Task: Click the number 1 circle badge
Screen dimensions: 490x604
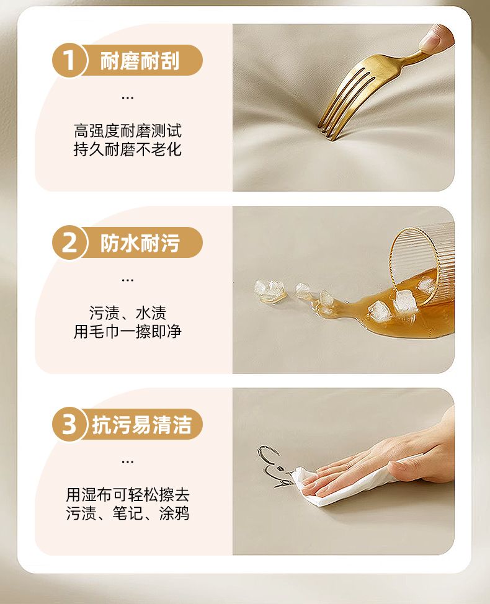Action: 69,61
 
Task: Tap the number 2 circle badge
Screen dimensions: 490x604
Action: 69,242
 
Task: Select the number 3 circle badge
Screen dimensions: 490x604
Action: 69,425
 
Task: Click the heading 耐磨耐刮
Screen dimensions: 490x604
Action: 140,61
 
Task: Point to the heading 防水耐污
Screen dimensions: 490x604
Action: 140,243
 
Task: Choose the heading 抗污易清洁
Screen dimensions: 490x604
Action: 142,425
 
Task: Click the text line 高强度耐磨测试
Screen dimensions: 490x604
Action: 128,131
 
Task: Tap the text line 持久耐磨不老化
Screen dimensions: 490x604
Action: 128,149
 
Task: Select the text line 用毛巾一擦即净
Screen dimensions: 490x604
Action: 128,332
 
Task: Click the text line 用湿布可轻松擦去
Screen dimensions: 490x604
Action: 128,495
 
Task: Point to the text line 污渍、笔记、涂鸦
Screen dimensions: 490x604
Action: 128,513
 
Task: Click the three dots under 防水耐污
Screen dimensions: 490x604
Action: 128,280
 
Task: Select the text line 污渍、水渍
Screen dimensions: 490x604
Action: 128,313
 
